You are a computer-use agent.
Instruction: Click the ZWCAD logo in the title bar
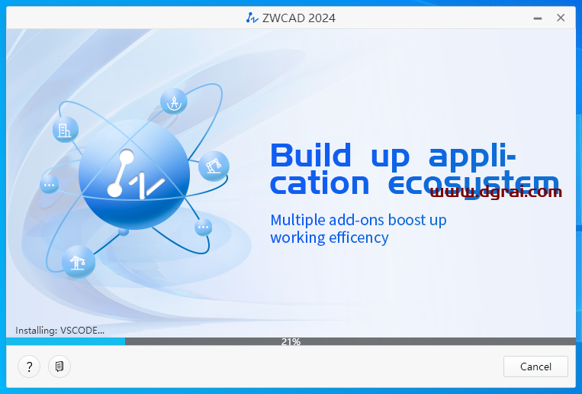click(252, 18)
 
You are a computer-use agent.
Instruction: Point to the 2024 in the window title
click(320, 18)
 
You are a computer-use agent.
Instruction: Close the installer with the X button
click(561, 18)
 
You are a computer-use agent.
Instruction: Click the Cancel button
click(535, 367)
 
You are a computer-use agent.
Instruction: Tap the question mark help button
click(29, 367)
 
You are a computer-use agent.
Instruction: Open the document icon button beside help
click(59, 367)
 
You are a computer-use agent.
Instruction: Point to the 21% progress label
click(291, 342)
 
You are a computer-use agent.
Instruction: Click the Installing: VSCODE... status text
click(59, 331)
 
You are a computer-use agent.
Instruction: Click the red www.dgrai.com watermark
click(496, 192)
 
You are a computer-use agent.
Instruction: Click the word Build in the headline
click(310, 156)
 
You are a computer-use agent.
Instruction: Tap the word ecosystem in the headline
click(473, 184)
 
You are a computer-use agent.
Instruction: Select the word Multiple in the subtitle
click(297, 220)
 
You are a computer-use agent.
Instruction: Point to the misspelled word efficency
click(358, 237)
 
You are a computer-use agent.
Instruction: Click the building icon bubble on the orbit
click(66, 129)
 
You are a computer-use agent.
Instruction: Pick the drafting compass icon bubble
click(174, 102)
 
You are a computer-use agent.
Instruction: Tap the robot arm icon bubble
click(214, 165)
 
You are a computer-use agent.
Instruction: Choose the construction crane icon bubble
click(78, 262)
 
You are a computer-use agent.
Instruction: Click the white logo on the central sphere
click(133, 175)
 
